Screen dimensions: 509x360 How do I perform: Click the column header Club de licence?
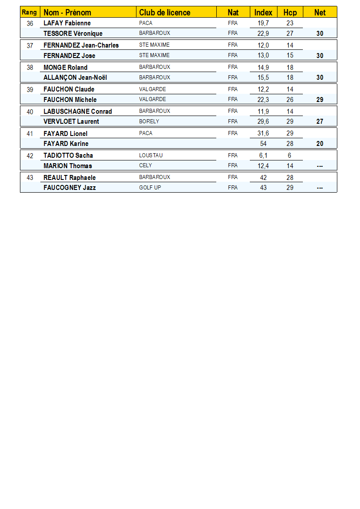pyautogui.click(x=165, y=12)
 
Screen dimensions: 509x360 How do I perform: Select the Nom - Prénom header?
pyautogui.click(x=67, y=12)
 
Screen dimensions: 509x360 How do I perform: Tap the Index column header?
pyautogui.click(x=263, y=12)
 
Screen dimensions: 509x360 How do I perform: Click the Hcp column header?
pyautogui.click(x=290, y=12)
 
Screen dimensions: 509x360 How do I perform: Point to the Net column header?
pyautogui.click(x=320, y=12)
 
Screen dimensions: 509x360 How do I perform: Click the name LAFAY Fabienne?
pyautogui.click(x=67, y=23)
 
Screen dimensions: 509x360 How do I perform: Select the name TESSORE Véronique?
pyautogui.click(x=73, y=34)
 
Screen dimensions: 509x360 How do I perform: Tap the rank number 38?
pyautogui.click(x=30, y=68)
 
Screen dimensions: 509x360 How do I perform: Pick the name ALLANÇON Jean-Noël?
pyautogui.click(x=75, y=78)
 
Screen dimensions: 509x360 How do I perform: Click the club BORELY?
pyautogui.click(x=149, y=121)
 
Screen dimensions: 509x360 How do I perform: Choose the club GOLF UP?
pyautogui.click(x=150, y=188)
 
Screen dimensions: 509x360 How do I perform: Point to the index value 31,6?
pyautogui.click(x=263, y=133)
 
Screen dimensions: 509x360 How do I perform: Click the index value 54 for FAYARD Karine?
pyautogui.click(x=263, y=144)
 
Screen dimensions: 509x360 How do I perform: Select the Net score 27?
pyautogui.click(x=320, y=121)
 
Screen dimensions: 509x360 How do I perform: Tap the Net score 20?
pyautogui.click(x=320, y=144)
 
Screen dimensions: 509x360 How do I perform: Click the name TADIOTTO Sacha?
pyautogui.click(x=68, y=155)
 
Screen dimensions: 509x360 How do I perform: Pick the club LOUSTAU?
pyautogui.click(x=151, y=155)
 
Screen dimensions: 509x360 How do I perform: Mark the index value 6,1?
pyautogui.click(x=263, y=155)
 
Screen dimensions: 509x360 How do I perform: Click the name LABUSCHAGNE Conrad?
pyautogui.click(x=78, y=111)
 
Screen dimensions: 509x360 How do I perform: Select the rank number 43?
pyautogui.click(x=30, y=178)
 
